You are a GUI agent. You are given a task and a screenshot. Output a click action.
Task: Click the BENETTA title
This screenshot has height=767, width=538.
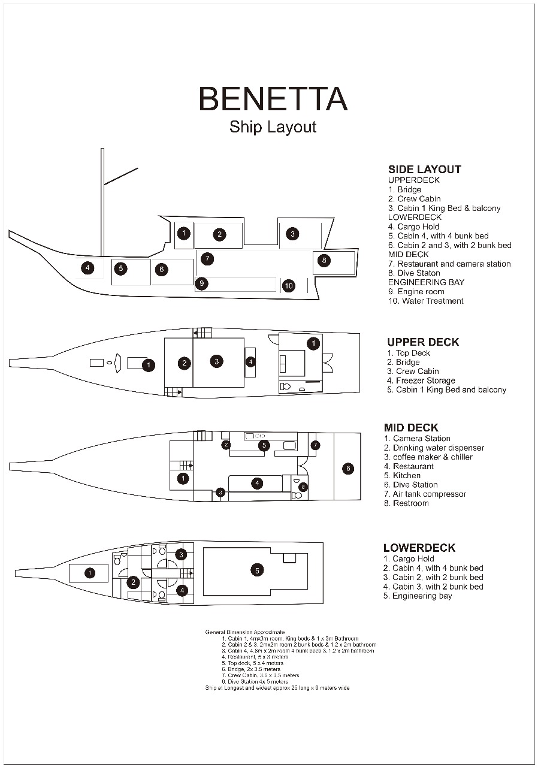pyautogui.click(x=273, y=99)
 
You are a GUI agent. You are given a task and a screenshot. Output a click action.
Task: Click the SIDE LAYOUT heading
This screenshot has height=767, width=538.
pyautogui.click(x=424, y=170)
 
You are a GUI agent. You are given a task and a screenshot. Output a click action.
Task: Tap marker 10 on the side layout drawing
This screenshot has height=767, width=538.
pyautogui.click(x=289, y=286)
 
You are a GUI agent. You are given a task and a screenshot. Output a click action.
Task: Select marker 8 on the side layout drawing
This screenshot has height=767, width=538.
pyautogui.click(x=324, y=260)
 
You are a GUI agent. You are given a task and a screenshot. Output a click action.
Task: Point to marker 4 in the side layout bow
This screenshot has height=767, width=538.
pyautogui.click(x=88, y=268)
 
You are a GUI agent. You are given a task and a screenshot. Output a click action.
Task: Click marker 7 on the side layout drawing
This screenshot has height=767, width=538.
pyautogui.click(x=207, y=259)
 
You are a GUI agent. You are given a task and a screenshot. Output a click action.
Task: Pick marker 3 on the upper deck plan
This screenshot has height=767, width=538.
pyautogui.click(x=216, y=361)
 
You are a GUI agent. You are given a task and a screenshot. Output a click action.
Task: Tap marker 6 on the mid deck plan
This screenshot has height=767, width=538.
pyautogui.click(x=348, y=469)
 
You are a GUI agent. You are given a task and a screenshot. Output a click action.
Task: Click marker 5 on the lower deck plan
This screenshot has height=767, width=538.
pyautogui.click(x=257, y=570)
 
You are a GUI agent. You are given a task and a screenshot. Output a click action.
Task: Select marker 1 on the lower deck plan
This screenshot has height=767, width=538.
pyautogui.click(x=89, y=573)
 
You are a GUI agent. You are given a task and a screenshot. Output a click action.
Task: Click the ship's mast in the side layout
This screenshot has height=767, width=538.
pyautogui.click(x=102, y=204)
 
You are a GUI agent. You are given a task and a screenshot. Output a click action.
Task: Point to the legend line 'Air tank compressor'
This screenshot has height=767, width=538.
pyautogui.click(x=425, y=494)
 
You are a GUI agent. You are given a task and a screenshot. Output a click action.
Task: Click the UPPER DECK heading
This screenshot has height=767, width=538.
pyautogui.click(x=423, y=342)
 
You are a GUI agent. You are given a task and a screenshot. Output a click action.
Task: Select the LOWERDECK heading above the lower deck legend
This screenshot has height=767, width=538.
pyautogui.click(x=419, y=548)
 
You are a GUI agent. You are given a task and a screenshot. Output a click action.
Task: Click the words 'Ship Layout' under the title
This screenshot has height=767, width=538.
pyautogui.click(x=273, y=127)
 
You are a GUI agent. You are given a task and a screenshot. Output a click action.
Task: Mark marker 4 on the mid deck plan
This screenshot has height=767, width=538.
pyautogui.click(x=257, y=483)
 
